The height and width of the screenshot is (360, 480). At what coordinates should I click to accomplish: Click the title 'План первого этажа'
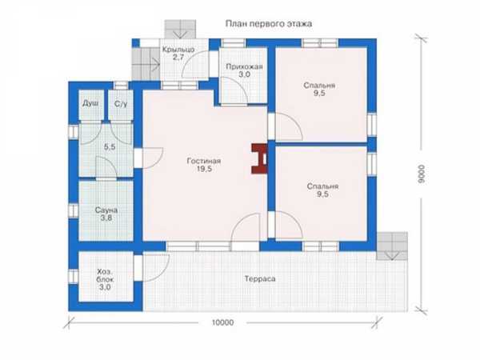click(269, 24)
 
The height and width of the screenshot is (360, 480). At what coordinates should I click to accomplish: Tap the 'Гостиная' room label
click(204, 161)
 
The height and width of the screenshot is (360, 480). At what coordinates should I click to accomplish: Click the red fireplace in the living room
click(259, 159)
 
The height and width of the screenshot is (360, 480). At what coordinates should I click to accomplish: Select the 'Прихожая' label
click(244, 66)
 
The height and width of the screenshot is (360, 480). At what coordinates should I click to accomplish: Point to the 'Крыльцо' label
click(178, 50)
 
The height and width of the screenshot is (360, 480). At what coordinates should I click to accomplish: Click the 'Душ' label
click(90, 103)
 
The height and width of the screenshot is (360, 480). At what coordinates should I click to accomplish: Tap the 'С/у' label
click(121, 104)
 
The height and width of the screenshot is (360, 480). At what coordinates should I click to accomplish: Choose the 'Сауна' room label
click(106, 210)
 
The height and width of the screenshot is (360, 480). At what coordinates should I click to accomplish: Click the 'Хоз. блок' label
click(106, 275)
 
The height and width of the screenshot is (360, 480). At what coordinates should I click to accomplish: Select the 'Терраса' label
click(260, 279)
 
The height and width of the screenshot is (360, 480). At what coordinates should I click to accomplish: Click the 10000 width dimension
click(222, 322)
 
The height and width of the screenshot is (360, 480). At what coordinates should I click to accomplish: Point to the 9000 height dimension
click(422, 174)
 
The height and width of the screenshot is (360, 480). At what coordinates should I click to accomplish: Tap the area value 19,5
click(204, 169)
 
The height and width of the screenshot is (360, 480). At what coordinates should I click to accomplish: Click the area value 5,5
click(110, 147)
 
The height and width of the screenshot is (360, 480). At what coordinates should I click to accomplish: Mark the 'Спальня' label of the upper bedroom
click(319, 86)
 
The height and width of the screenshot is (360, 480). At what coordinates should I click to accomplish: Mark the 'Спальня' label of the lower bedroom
click(322, 186)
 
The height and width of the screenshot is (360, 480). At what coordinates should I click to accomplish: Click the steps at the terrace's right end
click(392, 246)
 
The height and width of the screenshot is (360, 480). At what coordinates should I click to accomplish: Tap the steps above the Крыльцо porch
click(180, 29)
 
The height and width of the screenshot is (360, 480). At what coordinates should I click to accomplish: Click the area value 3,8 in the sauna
click(106, 218)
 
